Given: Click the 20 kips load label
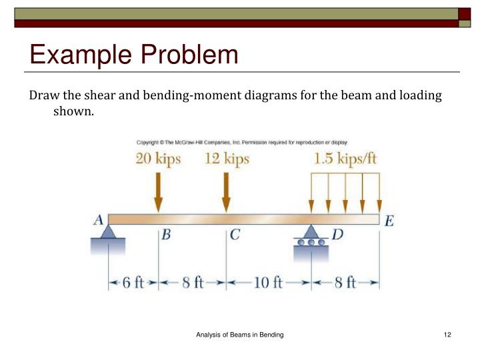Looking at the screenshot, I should coord(158,160).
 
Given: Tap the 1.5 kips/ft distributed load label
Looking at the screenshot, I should coord(345,160).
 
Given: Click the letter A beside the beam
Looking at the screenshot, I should coord(97,221).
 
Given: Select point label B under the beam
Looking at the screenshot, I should coord(167,235).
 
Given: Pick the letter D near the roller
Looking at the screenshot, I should coord(337,235).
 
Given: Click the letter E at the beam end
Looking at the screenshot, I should coord(389,221).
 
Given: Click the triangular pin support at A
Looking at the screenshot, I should coord(108,231).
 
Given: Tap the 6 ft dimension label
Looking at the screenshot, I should coord(133,283).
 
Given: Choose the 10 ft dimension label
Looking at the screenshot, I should coord(269,283).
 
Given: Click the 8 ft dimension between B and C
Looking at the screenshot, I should coord(193,283).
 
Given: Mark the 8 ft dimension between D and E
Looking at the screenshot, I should coord(345,283).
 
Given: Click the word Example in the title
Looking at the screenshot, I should coord(77,55).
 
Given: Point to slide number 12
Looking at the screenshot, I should coord(447,334).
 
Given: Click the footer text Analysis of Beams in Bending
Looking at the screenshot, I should coord(240,334).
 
